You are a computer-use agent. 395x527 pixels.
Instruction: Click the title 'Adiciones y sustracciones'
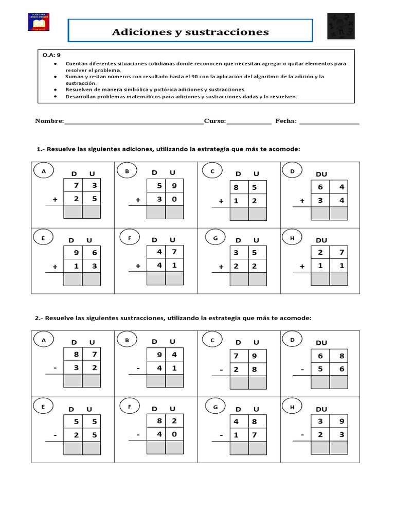pyautogui.click(x=190, y=32)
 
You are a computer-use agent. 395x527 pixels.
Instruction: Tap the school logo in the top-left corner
pyautogui.click(x=42, y=22)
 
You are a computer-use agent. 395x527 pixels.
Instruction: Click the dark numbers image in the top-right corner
pyautogui.click(x=340, y=26)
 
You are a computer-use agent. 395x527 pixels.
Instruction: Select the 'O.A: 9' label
pyautogui.click(x=51, y=54)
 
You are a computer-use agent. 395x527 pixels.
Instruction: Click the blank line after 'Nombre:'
pyautogui.click(x=134, y=122)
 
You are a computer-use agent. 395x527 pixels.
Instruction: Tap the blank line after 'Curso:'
pyautogui.click(x=249, y=122)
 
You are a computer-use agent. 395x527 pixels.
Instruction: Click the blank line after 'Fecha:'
pyautogui.click(x=329, y=122)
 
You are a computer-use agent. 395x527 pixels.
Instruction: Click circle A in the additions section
pyautogui.click(x=43, y=171)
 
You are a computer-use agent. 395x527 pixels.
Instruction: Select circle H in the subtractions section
pyautogui.click(x=292, y=407)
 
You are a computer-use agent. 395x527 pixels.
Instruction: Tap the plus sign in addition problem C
pyautogui.click(x=221, y=201)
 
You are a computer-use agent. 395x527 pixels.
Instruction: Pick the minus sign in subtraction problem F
pyautogui.click(x=138, y=434)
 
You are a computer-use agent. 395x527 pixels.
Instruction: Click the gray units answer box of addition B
pyautogui.click(x=174, y=212)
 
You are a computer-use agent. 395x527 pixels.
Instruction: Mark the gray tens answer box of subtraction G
pyautogui.click(x=239, y=448)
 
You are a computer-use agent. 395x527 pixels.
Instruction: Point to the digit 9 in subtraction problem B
pyautogui.click(x=156, y=355)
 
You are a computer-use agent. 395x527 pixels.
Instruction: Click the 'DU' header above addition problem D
pyautogui.click(x=321, y=174)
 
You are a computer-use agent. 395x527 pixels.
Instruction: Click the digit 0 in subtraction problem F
pyautogui.click(x=174, y=434)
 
